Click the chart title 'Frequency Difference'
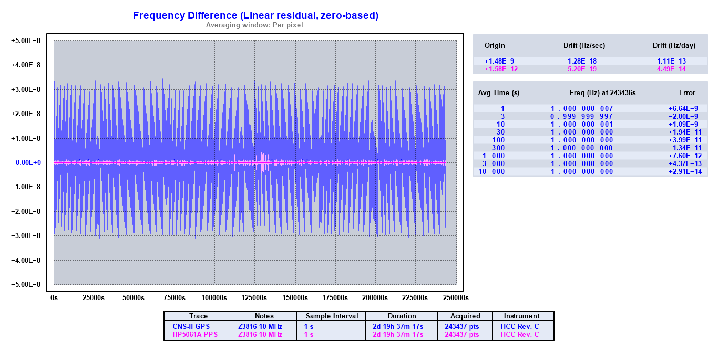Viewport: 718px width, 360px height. click(255, 16)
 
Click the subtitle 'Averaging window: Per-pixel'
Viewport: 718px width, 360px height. click(254, 25)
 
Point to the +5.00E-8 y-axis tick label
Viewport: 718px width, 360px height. click(26, 41)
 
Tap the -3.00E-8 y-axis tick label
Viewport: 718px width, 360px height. click(26, 236)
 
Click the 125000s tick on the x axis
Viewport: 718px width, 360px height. click(254, 298)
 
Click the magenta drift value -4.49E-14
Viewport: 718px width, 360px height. click(669, 69)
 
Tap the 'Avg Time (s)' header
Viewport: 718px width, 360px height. click(498, 93)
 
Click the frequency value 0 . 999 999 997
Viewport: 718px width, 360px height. click(581, 116)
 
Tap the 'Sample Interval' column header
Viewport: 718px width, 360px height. click(332, 316)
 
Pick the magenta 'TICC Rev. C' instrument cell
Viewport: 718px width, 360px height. click(519, 334)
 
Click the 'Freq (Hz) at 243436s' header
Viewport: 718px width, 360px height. click(602, 93)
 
